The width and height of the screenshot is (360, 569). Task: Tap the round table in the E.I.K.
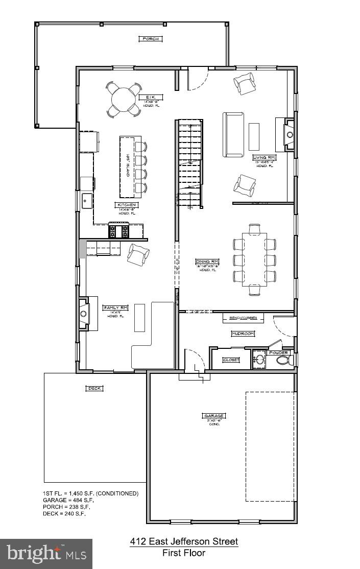tap(123, 99)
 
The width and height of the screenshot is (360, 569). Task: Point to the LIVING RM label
tap(264, 158)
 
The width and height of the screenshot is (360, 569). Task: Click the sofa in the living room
tap(233, 134)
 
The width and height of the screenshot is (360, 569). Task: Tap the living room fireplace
tap(290, 134)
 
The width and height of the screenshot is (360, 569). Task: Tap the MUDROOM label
tap(243, 334)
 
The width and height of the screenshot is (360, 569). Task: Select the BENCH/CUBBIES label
tap(243, 318)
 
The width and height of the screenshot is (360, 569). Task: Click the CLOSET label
tap(231, 360)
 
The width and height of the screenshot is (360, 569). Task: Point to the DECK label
tap(94, 388)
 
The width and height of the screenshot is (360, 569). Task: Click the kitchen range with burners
tap(118, 231)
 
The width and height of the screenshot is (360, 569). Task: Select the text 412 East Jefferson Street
tap(184, 541)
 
